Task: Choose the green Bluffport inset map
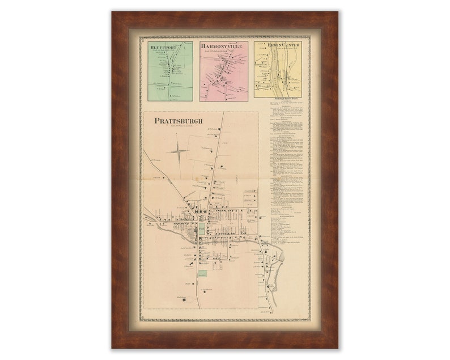(x=170, y=71)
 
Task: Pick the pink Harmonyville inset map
(x=223, y=71)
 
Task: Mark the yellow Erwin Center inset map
(x=277, y=68)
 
